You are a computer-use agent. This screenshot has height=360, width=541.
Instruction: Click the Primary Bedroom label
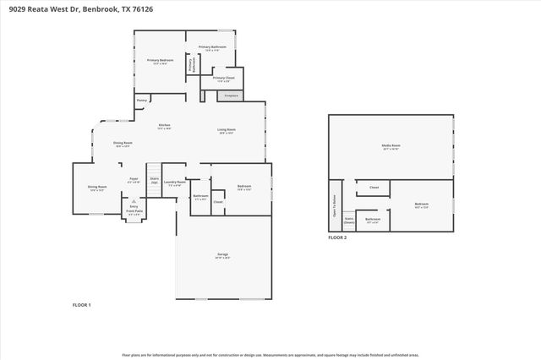tap(160, 61)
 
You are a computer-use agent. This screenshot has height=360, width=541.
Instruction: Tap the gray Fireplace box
tap(230, 96)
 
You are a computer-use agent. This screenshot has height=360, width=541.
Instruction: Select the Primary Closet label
tap(223, 79)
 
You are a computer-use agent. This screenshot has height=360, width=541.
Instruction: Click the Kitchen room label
tap(164, 127)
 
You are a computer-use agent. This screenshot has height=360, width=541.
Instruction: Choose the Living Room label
tap(227, 131)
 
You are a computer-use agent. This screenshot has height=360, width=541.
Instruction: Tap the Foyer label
tap(134, 179)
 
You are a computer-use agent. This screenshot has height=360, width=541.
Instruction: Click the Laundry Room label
tap(174, 183)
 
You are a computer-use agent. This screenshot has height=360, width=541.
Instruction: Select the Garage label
tap(223, 256)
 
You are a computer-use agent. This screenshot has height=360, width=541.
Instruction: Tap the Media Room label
tap(391, 146)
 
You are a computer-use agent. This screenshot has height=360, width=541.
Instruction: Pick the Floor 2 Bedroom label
tap(421, 205)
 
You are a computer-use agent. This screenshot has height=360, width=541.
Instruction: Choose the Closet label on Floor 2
tap(373, 188)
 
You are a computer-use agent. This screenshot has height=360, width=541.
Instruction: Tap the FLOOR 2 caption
tap(337, 238)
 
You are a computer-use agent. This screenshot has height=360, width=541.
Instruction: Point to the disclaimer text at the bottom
tap(270, 355)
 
